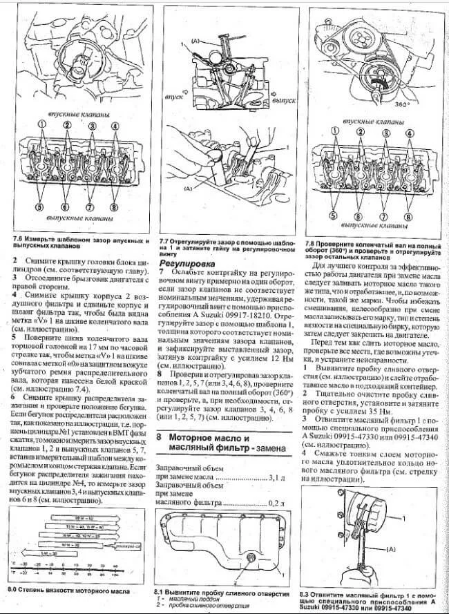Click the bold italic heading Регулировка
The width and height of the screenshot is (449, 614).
coord(186,263)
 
